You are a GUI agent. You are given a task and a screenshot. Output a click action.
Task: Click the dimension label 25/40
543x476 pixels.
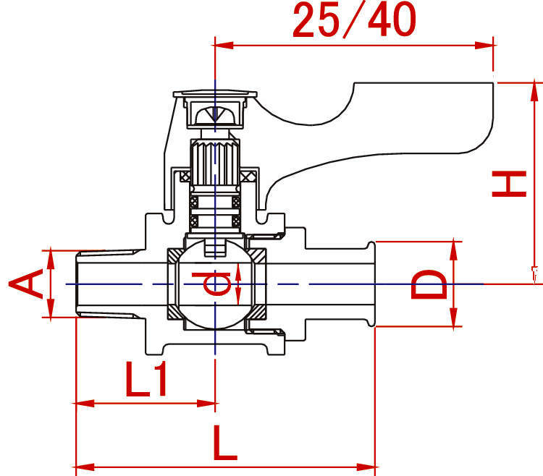(354, 20)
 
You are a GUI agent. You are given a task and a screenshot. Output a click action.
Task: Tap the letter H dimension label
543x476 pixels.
(509, 184)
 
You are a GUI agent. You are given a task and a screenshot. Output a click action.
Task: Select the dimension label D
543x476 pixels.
(429, 284)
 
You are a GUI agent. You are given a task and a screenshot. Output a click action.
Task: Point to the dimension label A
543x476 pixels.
(26, 284)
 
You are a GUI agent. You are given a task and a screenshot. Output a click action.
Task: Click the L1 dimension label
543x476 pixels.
(146, 379)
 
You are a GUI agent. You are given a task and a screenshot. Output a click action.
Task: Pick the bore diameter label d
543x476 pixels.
(212, 284)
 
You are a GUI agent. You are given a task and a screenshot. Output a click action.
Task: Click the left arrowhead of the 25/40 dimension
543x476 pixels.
(222, 46)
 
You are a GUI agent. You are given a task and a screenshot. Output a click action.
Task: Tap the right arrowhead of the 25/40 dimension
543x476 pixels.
(485, 46)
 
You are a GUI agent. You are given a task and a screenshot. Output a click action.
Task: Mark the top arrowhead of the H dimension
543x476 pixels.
(534, 91)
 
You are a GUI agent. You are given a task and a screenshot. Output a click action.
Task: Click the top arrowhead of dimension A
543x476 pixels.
(51, 259)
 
